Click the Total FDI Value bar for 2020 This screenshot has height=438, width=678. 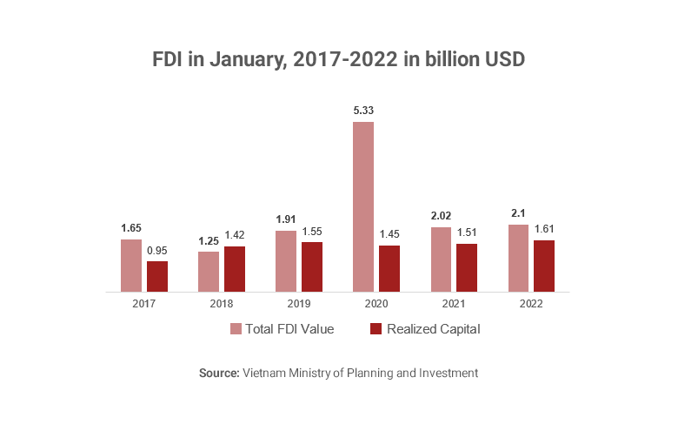coord(363,206)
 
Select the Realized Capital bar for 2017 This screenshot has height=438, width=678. coord(157,276)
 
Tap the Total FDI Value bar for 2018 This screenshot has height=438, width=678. coord(209,271)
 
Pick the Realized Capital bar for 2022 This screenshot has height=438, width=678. coord(544,266)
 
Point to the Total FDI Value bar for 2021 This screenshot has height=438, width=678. coord(441,259)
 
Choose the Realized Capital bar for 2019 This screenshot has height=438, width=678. coord(312,266)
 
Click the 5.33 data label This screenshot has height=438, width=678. coord(363,111)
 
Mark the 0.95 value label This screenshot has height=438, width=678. coord(157,250)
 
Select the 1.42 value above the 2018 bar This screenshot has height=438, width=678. coord(235,235)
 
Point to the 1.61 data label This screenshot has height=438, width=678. coord(544,229)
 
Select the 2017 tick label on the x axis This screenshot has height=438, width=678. coord(144,304)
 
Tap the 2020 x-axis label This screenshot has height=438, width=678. coord(376,304)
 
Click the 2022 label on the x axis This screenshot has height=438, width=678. coord(531,304)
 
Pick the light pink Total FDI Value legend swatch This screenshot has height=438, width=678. coord(236,329)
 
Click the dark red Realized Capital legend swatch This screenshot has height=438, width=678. coord(376,329)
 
